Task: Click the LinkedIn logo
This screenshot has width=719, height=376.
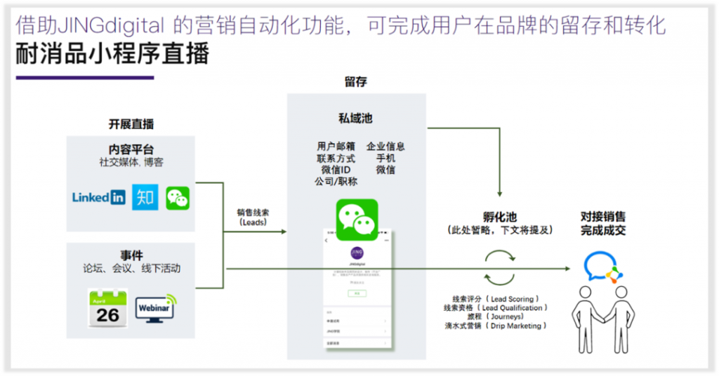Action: coord(98,197)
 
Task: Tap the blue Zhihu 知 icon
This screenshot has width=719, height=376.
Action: coord(145,197)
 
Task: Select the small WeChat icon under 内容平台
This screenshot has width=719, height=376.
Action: coord(178,198)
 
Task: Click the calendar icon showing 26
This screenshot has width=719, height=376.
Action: coord(107,308)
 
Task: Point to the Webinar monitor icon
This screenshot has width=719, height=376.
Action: coord(155,308)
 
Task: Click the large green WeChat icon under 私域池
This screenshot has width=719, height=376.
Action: coord(357,220)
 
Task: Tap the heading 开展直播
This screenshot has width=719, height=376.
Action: coord(131,124)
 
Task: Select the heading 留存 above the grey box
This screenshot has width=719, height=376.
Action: coord(355,82)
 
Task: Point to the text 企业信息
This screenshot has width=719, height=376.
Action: coord(385,147)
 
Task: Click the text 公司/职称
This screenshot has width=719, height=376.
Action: coord(336,182)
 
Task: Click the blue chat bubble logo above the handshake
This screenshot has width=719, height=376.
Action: coord(600,268)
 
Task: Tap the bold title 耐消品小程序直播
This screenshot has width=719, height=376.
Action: coord(112,54)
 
